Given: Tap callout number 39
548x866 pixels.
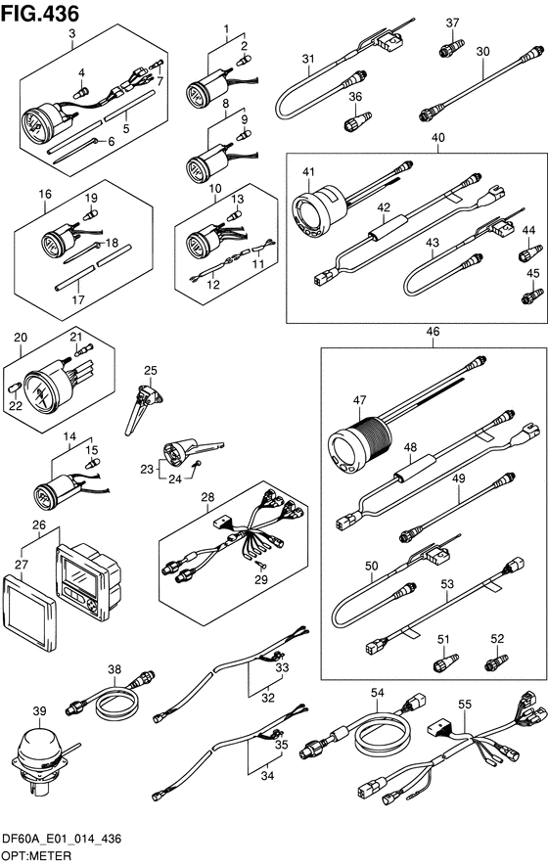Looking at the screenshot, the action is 40,710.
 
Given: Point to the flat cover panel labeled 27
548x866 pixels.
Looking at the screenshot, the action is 29,610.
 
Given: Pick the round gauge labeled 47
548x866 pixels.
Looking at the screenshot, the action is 359,442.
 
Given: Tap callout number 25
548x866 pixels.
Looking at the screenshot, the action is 151,370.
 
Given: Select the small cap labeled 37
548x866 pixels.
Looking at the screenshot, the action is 451,49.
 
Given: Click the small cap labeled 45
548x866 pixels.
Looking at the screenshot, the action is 532,296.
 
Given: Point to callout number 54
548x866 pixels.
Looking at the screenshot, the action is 378,692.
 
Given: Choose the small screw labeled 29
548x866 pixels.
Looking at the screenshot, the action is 260,565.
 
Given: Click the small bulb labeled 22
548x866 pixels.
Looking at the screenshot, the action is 16,387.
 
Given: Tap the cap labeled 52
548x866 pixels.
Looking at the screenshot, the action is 496,662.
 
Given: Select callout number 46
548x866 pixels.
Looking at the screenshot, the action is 434,332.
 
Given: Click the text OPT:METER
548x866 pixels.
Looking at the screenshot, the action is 36,856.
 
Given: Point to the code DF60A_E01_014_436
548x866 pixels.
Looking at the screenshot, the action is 62,840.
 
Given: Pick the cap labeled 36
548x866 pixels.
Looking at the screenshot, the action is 358,121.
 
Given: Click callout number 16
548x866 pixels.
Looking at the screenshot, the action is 45,194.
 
